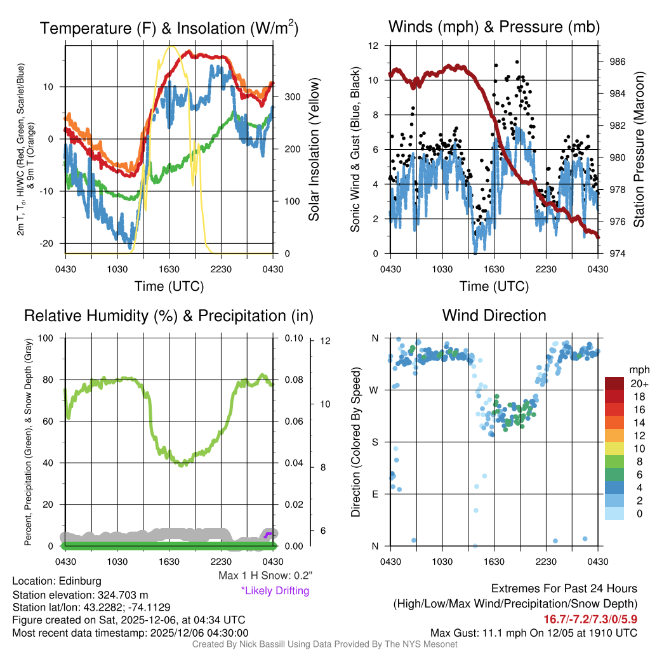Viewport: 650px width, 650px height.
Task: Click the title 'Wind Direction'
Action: (x=494, y=315)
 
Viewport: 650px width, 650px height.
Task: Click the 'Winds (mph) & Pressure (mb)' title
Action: (x=494, y=27)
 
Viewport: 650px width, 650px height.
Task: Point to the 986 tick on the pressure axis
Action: (x=618, y=62)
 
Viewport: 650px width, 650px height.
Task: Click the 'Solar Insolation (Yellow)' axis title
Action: (x=314, y=150)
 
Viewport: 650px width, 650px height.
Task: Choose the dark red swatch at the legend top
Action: (x=615, y=383)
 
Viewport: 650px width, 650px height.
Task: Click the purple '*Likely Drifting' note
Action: (x=275, y=591)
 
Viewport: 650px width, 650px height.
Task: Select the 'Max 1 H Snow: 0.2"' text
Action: (x=265, y=576)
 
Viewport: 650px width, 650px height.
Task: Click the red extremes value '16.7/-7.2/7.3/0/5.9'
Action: (x=590, y=618)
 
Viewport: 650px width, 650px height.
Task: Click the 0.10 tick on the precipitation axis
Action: (x=293, y=338)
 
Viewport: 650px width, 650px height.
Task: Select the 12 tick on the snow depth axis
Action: (x=326, y=341)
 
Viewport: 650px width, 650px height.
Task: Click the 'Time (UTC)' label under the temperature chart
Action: (x=169, y=286)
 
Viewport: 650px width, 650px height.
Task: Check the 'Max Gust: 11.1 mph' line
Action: (x=533, y=633)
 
